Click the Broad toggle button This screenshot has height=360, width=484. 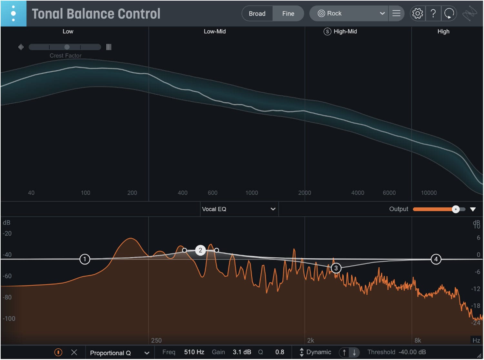(x=257, y=14)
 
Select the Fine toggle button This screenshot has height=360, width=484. (x=288, y=14)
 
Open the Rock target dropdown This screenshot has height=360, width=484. (x=349, y=14)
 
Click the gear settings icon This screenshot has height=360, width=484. (x=418, y=14)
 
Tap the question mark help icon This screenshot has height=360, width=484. (x=433, y=14)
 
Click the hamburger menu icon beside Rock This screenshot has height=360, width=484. (x=396, y=13)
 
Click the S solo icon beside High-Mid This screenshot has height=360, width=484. (x=327, y=32)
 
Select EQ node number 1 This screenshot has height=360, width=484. (x=85, y=259)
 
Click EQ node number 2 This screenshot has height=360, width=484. (x=200, y=250)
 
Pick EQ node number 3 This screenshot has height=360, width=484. (x=336, y=268)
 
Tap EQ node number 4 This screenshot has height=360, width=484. (x=436, y=259)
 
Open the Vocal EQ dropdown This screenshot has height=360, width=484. (x=239, y=209)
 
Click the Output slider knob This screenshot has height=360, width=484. (x=455, y=209)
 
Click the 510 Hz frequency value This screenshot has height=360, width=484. (x=194, y=352)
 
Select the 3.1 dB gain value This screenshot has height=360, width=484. (x=242, y=352)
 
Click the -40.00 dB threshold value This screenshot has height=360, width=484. (x=412, y=352)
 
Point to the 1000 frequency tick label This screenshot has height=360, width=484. (x=252, y=193)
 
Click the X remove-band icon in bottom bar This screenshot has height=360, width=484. (x=74, y=352)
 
